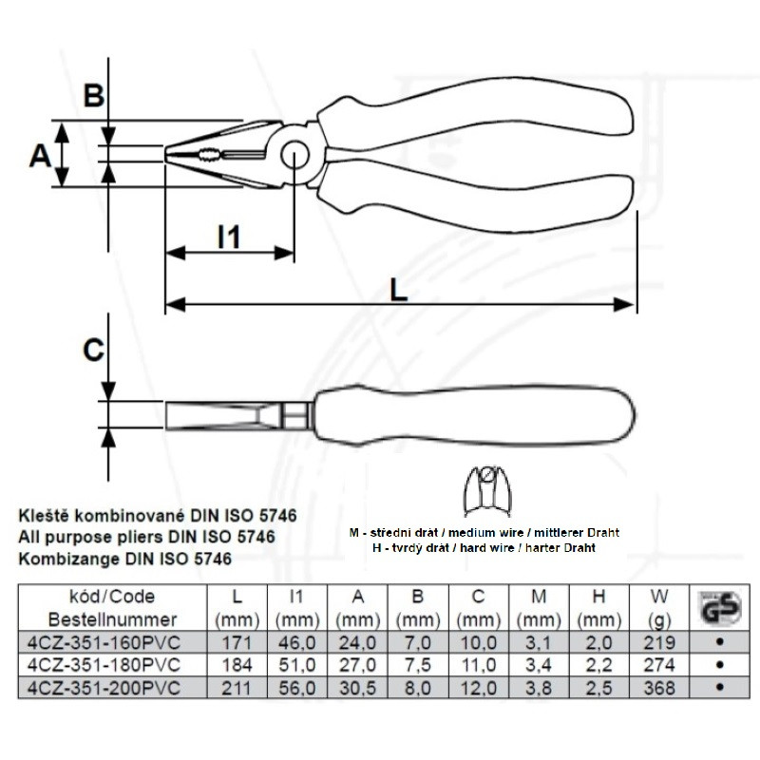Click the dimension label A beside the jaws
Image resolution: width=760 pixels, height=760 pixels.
click(x=40, y=156)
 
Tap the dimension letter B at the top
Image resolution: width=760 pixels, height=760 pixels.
click(x=93, y=95)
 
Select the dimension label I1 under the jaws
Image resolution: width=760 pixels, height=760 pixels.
click(x=229, y=237)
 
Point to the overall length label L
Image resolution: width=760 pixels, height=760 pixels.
click(x=398, y=291)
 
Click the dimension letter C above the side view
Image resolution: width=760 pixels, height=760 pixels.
click(x=93, y=350)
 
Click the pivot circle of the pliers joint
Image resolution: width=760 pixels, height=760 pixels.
click(x=294, y=156)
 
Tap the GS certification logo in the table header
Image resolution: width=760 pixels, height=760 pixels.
click(x=720, y=607)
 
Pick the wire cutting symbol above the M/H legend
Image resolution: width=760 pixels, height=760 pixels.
click(x=487, y=491)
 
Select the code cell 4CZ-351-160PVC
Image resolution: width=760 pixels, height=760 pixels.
click(x=104, y=643)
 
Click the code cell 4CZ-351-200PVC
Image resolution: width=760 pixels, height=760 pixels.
click(x=104, y=688)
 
